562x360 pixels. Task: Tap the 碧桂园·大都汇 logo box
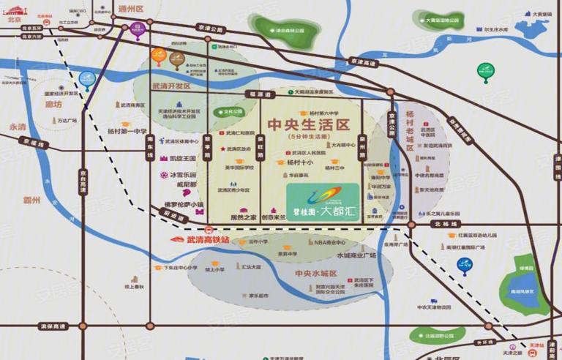[322, 195]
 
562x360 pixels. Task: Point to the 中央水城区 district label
[315, 273]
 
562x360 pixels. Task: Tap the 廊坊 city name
[53, 104]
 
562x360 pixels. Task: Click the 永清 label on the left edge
[17, 126]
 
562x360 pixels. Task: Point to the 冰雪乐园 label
[183, 176]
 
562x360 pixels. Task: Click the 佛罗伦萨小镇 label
[184, 204]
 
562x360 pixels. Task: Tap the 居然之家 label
[242, 217]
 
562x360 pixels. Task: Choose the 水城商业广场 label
[356, 255]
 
